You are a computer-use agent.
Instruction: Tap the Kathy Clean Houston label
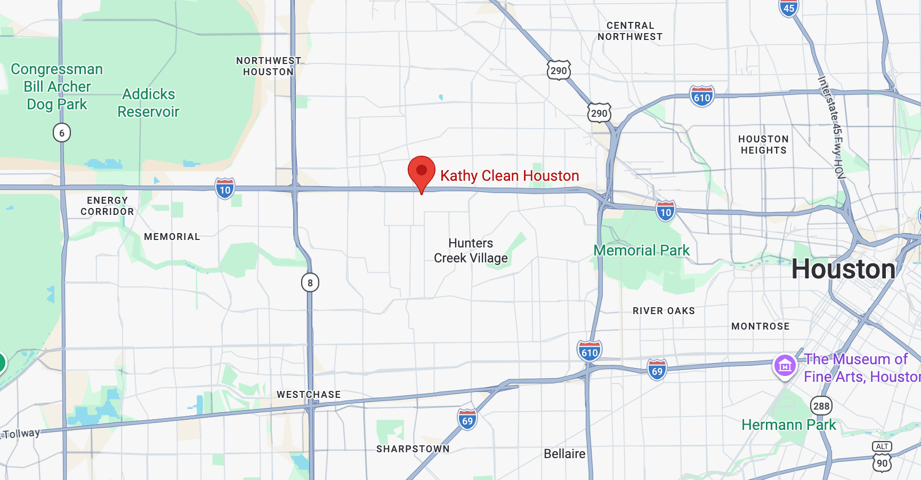509,176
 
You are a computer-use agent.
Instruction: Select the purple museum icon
785,366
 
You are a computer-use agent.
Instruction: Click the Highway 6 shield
62,133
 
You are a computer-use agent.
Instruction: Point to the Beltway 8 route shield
310,283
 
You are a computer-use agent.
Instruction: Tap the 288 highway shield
821,406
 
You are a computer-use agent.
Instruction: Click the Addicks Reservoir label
148,103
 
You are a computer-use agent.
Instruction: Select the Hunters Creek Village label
471,251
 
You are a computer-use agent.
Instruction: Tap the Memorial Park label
641,250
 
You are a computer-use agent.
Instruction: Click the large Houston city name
843,269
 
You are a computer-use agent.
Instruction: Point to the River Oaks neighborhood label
664,311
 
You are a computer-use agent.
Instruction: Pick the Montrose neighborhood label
760,326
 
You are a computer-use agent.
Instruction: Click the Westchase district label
309,395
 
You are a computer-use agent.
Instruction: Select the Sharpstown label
413,449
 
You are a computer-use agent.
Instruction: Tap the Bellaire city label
564,454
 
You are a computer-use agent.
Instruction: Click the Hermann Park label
789,425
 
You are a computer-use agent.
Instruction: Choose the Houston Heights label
763,145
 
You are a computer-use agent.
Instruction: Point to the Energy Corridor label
107,206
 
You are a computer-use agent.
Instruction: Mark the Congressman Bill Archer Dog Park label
57,86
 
